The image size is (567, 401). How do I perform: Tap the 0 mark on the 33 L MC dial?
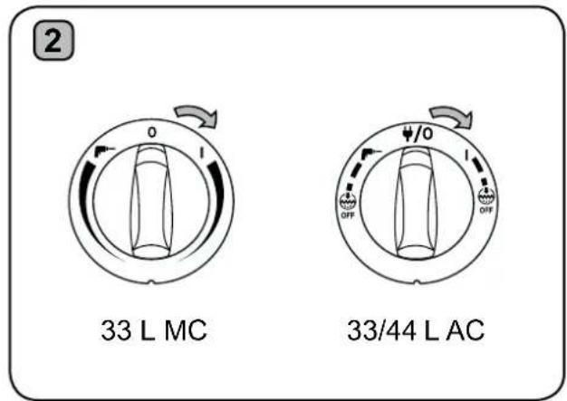pos(151,133)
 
